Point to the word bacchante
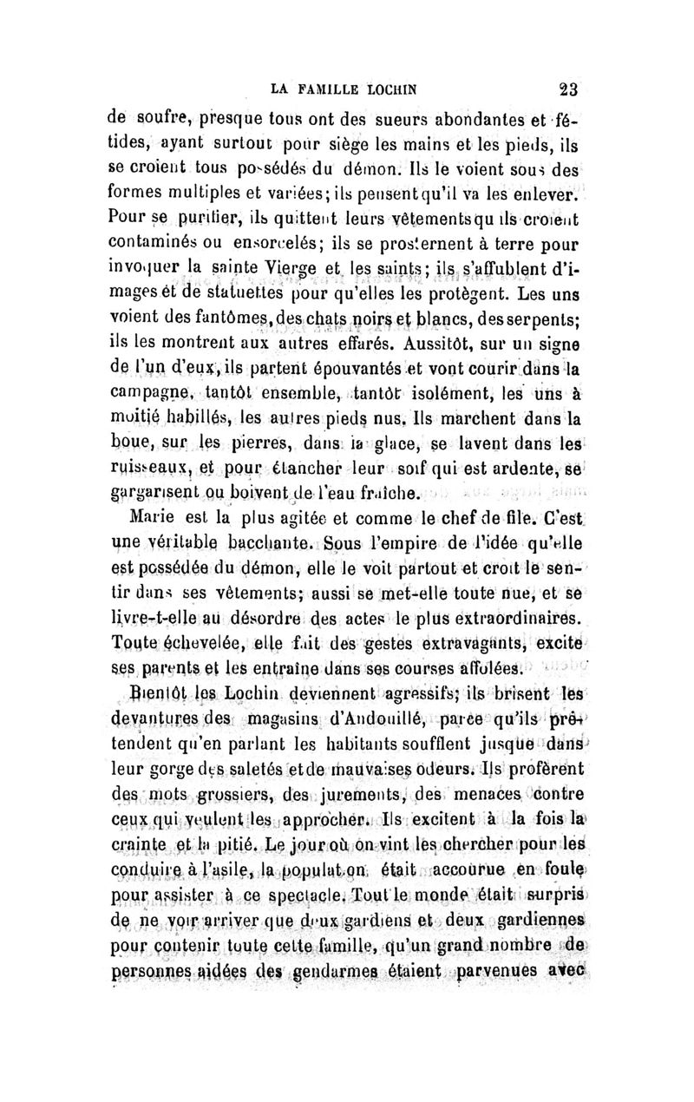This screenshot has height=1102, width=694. pyautogui.click(x=265, y=545)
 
